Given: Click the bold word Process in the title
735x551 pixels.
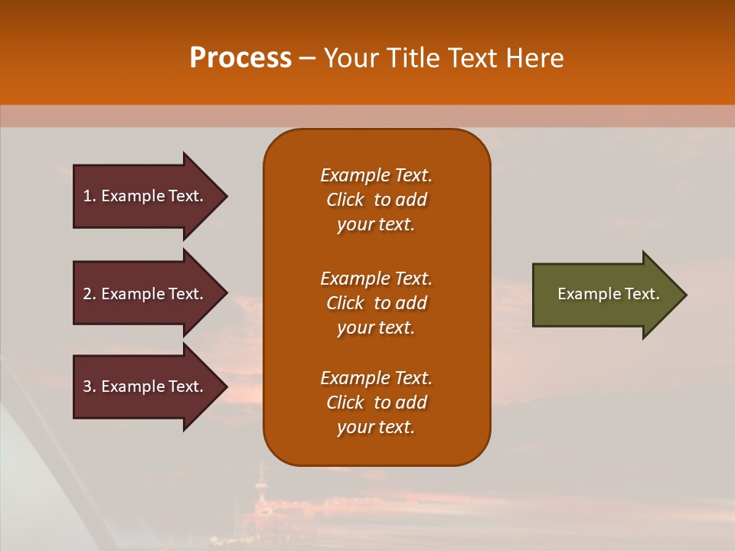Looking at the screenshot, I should [x=240, y=58].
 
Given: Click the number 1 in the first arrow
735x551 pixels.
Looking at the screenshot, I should [x=87, y=196].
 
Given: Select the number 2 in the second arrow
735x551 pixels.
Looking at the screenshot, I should [x=87, y=294].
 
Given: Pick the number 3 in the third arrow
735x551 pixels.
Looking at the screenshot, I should [x=87, y=386].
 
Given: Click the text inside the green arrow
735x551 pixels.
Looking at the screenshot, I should [x=609, y=294].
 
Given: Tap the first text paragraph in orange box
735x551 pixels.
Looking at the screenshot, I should [x=376, y=200].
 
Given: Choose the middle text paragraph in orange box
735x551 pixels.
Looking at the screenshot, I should [x=376, y=303].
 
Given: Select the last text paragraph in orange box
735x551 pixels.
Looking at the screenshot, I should [x=376, y=403].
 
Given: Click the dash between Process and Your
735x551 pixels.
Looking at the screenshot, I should [x=308, y=58].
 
